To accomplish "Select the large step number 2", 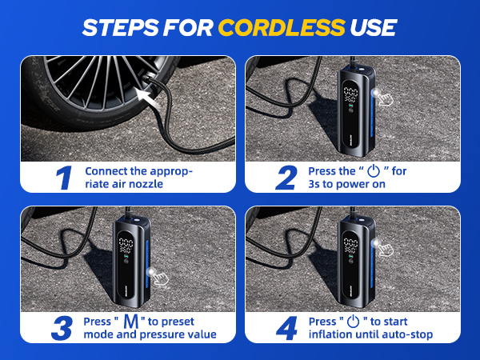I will [x=286, y=177].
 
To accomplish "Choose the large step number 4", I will [x=285, y=328].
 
